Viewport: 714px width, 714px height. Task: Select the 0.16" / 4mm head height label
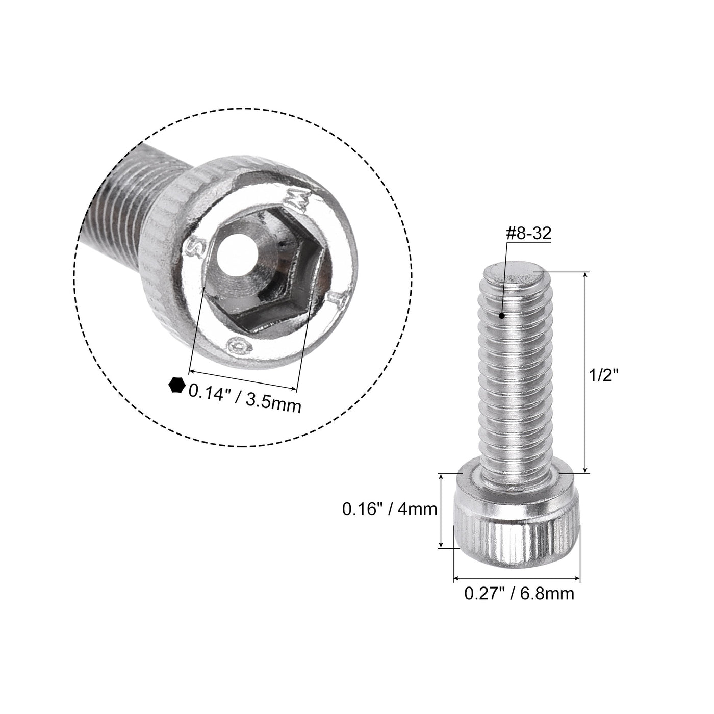[x=390, y=509]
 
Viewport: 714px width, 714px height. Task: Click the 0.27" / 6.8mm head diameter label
[x=519, y=593]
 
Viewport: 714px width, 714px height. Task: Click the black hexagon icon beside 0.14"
[x=176, y=385]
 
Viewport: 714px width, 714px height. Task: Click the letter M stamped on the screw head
[x=299, y=197]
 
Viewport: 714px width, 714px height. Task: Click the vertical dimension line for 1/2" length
[x=585, y=372]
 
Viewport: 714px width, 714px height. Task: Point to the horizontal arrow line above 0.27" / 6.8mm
[x=517, y=578]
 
